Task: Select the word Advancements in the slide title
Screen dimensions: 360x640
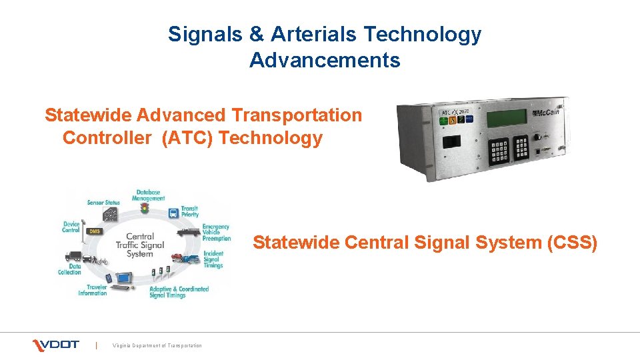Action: coord(325,61)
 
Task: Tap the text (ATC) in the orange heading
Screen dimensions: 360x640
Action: coord(187,139)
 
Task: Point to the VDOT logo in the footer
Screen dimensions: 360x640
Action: coord(56,345)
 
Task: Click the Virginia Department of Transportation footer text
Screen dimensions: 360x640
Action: coord(157,345)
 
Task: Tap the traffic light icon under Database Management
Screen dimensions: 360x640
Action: coord(144,209)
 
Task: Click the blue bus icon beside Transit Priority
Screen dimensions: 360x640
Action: coord(172,213)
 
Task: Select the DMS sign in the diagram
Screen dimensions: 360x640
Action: coord(94,231)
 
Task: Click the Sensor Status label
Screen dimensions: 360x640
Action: coord(103,202)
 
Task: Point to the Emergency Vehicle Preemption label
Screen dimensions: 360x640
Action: coord(216,233)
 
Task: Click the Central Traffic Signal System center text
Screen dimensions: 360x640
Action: coord(139,245)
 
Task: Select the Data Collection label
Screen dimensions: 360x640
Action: coord(69,269)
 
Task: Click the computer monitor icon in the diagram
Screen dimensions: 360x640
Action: coord(123,279)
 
